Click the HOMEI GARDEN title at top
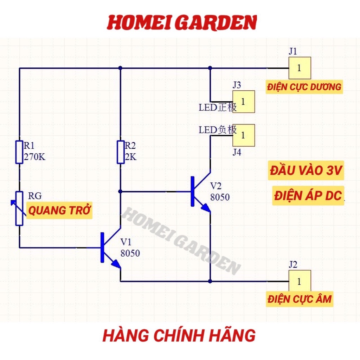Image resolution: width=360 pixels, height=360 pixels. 182,22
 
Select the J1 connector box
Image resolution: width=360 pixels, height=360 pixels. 300,68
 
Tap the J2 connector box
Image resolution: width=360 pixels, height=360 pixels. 300,281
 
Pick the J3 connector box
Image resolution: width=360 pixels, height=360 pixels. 243,102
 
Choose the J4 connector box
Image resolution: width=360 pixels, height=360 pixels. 243,135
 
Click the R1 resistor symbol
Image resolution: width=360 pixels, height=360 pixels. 19,152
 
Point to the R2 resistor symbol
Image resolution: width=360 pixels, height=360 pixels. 121,152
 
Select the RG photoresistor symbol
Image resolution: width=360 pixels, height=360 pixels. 19,208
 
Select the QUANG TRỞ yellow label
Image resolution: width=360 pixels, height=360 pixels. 59,211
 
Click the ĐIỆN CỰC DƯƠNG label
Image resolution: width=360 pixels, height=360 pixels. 304,87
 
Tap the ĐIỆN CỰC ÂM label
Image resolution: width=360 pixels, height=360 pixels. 299,300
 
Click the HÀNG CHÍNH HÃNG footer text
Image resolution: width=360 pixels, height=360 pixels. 179,335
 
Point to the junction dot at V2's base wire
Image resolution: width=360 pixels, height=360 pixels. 121,192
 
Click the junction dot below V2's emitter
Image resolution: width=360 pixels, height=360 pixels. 210,281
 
